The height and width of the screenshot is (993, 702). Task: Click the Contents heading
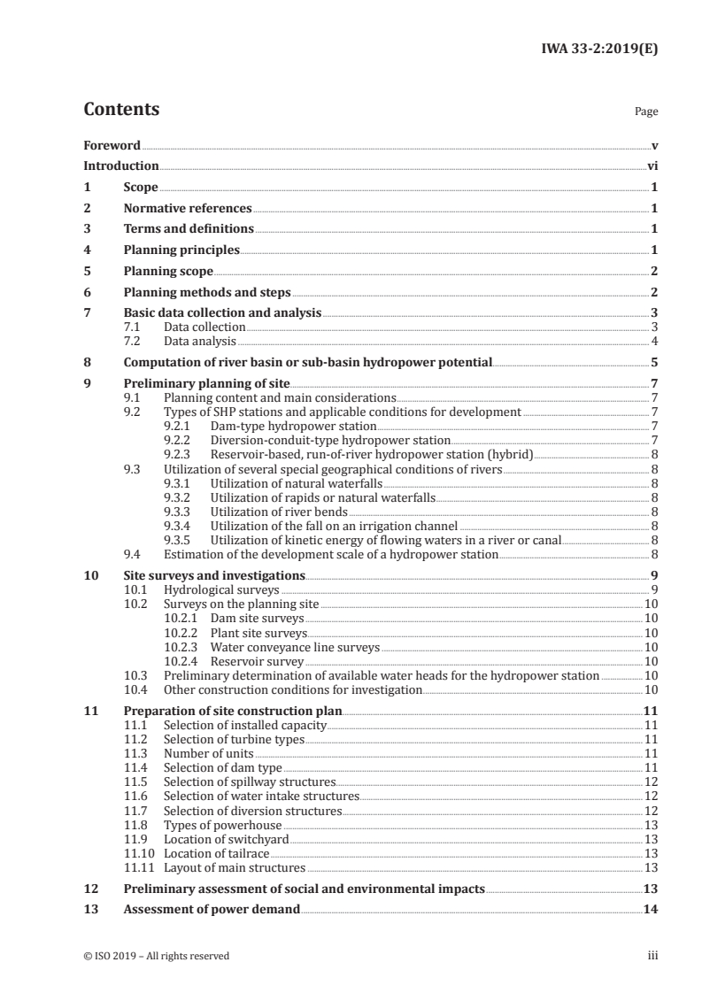pos(121,110)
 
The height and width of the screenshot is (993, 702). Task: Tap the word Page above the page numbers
pos(646,112)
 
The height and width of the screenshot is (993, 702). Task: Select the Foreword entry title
pos(112,145)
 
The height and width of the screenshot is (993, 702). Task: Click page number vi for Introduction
pos(652,165)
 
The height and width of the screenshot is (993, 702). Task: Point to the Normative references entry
pos(188,209)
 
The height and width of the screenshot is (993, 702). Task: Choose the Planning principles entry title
pos(181,250)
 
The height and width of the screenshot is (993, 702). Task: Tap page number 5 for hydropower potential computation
pos(654,362)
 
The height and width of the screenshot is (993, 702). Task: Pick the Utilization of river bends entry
pos(279,511)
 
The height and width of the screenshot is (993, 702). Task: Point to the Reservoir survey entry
pos(257,661)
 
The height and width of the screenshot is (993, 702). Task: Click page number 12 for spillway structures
pos(651,782)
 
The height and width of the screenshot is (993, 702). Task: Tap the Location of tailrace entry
pos(216,854)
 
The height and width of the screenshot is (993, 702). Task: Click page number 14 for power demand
pos(651,909)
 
